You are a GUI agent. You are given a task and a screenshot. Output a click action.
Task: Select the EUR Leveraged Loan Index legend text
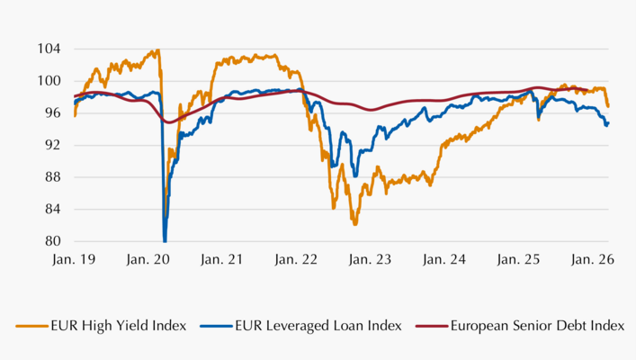tap(306, 326)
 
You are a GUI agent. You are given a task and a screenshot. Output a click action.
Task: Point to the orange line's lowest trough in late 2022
tap(355, 224)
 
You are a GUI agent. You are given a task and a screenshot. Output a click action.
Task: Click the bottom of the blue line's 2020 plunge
tap(165, 240)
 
